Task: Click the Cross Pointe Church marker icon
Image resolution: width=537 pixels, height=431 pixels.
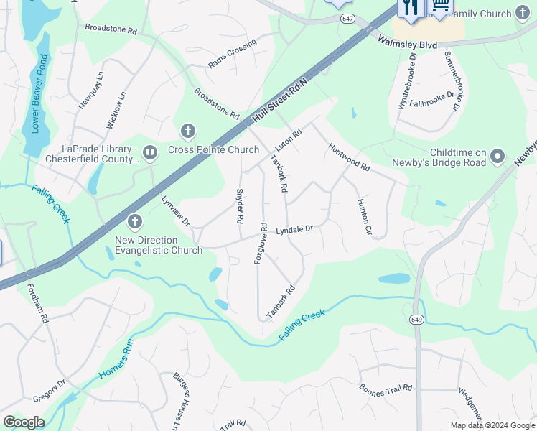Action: (188, 131)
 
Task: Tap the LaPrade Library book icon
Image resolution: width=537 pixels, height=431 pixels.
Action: (150, 152)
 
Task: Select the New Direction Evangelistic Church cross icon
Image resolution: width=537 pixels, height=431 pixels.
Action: (134, 222)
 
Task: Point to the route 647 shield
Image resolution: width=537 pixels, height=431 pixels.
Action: (348, 17)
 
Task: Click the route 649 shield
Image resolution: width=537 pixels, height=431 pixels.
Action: (417, 318)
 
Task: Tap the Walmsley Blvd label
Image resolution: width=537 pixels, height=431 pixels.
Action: (407, 45)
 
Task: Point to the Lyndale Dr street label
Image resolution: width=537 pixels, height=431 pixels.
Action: (295, 229)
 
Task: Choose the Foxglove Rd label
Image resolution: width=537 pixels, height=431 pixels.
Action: (261, 243)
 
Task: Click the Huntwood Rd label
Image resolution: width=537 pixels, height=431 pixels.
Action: (349, 157)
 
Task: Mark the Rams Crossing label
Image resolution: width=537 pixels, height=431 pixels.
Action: (232, 54)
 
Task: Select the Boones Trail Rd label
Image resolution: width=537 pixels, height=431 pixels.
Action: (386, 388)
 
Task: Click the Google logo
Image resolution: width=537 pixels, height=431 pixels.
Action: (24, 422)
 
